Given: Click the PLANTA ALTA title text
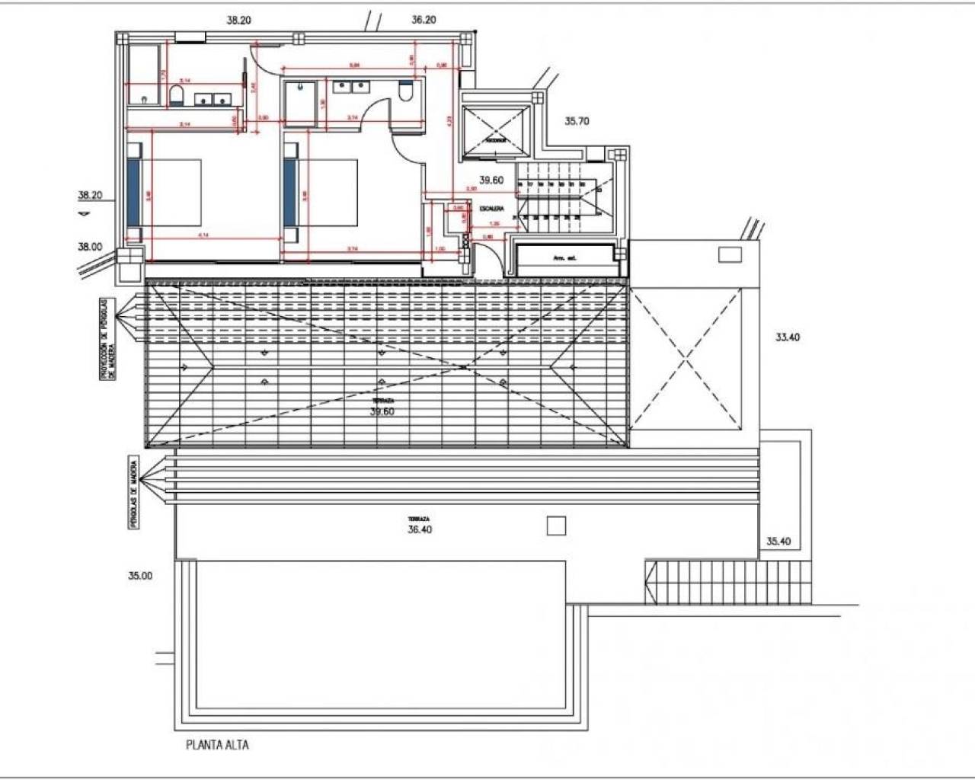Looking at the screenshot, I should click(x=217, y=745).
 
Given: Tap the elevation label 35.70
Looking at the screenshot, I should click(x=577, y=120).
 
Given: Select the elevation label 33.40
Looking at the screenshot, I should click(x=788, y=337).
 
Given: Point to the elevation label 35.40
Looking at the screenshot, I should click(x=778, y=542).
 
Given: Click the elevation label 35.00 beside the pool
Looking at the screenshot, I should click(x=140, y=576).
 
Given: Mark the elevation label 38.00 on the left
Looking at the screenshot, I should click(x=89, y=246).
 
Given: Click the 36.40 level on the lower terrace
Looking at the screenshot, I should click(x=420, y=529).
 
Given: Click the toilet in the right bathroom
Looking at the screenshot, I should click(x=406, y=91).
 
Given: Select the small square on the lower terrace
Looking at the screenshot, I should click(x=556, y=526).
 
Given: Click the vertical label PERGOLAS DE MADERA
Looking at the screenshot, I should click(x=134, y=494).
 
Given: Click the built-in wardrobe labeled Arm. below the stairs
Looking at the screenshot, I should click(x=564, y=259).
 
